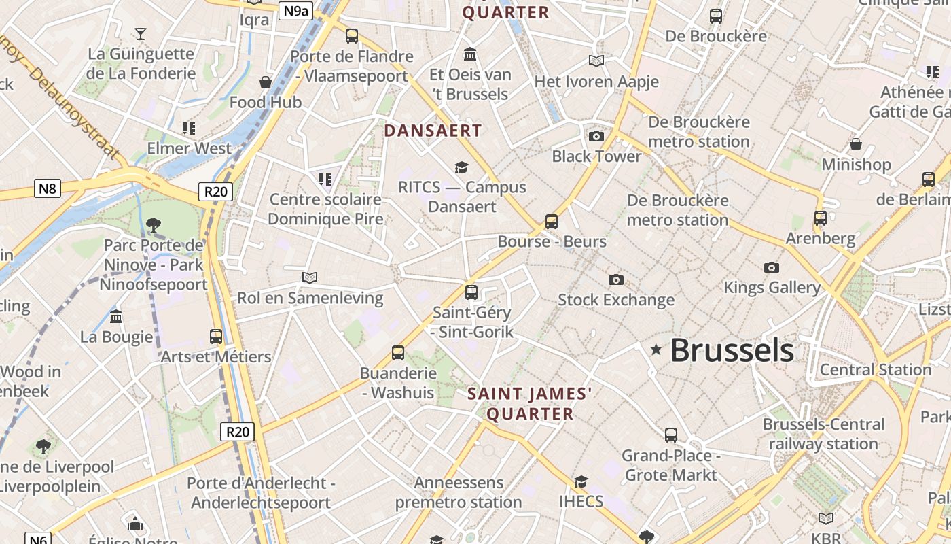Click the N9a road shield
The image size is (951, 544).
coord(296,10)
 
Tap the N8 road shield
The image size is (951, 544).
coord(47,188)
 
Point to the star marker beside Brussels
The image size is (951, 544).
coord(656,350)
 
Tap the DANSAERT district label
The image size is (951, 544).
coord(433,131)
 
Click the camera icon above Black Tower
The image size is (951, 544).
coord(596,137)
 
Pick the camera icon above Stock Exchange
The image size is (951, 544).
coord(616,280)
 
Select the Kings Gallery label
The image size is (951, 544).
coord(772,287)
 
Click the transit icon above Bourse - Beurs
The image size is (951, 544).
coord(552,222)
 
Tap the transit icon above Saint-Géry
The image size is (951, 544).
coord(471,292)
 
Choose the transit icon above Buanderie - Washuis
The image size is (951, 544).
coord(398,353)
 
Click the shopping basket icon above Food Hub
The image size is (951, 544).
coord(266,82)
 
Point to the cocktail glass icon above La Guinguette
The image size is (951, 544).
coord(141,33)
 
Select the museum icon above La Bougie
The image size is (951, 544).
coord(116,317)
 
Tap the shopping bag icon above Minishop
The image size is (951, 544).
coord(856,144)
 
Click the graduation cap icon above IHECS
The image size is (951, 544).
coord(581,482)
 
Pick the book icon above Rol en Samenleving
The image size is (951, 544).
coord(310,277)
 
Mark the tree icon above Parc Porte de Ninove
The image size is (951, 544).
coord(154,225)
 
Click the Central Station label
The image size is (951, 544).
coord(876,370)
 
